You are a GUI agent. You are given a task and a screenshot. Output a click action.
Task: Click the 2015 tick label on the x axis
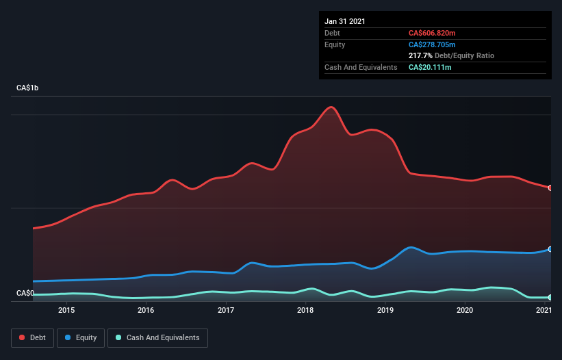pyautogui.click(x=66, y=311)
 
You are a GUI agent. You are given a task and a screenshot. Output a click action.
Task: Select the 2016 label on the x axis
pyautogui.click(x=146, y=311)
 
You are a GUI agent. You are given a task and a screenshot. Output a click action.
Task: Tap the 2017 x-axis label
pyautogui.click(x=226, y=311)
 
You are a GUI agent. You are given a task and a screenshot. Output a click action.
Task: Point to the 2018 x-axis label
pyautogui.click(x=305, y=311)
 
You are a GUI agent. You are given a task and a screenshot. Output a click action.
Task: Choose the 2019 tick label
pyautogui.click(x=385, y=311)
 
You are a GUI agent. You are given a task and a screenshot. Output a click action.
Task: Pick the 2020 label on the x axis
pyautogui.click(x=465, y=311)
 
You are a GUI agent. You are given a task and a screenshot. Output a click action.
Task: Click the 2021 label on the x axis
pyautogui.click(x=544, y=311)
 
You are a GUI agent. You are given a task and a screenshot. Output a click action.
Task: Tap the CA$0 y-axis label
pyautogui.click(x=25, y=293)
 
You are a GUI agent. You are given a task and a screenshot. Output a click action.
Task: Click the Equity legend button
pyautogui.click(x=81, y=337)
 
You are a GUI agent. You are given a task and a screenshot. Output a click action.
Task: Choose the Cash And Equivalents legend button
pyautogui.click(x=157, y=337)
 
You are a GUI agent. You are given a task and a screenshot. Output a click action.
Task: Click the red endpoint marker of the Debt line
pyautogui.click(x=550, y=188)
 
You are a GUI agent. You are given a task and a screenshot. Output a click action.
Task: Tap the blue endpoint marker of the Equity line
pyautogui.click(x=550, y=249)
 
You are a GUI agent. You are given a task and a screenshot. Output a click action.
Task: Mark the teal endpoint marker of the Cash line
pyautogui.click(x=550, y=297)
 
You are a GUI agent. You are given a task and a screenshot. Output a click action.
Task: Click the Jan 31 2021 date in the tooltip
pyautogui.click(x=345, y=21)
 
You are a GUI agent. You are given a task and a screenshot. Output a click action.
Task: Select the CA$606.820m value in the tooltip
pyautogui.click(x=432, y=33)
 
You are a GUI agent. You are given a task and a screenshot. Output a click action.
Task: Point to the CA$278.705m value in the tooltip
pyautogui.click(x=432, y=44)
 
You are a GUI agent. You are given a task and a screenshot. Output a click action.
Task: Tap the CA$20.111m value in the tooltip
pyautogui.click(x=430, y=67)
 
